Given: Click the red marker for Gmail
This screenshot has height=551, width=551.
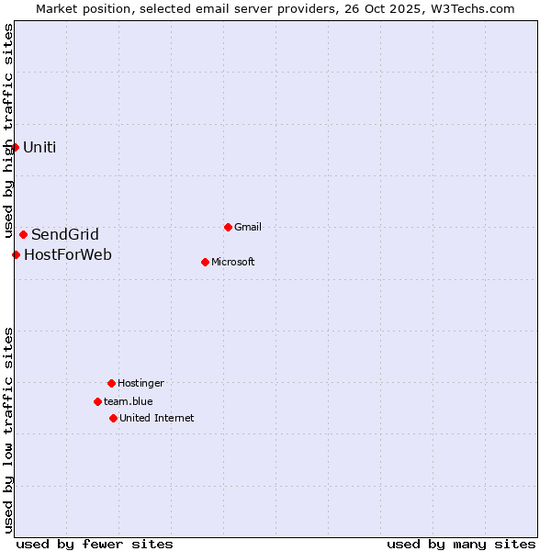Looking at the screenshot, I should tap(228, 227).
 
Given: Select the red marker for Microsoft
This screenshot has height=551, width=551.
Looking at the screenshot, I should tap(205, 262).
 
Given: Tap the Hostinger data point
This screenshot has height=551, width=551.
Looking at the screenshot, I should tap(111, 383).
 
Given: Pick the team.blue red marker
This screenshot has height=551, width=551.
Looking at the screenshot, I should tap(97, 401).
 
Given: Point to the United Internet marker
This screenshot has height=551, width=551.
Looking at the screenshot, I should tap(113, 418).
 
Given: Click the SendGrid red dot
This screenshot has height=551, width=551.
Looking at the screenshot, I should tap(23, 234).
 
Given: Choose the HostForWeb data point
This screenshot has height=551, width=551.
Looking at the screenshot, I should tap(16, 254).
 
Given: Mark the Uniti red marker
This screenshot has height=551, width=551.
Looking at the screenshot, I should tap(15, 147).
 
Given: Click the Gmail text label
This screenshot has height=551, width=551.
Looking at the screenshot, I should tap(248, 227).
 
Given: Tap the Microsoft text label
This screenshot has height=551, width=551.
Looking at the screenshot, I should tap(233, 262).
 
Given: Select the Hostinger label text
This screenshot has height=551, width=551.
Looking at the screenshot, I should tap(141, 383).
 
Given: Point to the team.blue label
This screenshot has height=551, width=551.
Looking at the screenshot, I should tap(129, 401).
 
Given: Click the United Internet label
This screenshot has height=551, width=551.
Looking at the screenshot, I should tap(157, 418).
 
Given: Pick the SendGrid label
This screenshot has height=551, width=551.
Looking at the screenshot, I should tap(65, 234).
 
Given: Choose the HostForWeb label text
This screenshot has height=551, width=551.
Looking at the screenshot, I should tap(68, 254).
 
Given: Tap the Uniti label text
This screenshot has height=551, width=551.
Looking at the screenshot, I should tap(39, 147).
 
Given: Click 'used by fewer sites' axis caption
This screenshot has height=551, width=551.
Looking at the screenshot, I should tap(95, 544).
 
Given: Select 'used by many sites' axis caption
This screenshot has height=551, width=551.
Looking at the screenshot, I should tap(461, 544).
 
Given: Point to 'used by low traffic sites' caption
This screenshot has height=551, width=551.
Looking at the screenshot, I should tap(9, 429).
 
